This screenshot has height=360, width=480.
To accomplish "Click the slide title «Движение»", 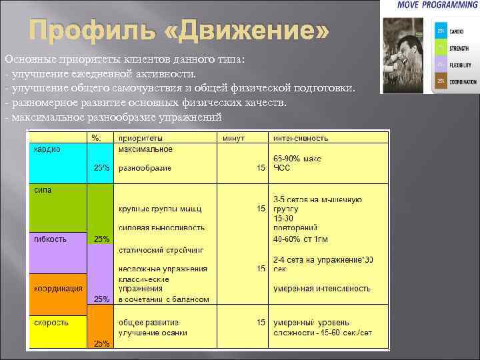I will point(179,31).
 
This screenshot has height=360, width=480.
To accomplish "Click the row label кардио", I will point(47,149).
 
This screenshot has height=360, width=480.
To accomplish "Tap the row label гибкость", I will point(51,239).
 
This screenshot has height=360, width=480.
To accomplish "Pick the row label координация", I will point(59,288).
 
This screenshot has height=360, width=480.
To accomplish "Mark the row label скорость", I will point(51,322).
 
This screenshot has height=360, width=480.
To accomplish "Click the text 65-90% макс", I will point(298,159).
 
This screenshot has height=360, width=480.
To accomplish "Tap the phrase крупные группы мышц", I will point(159,209).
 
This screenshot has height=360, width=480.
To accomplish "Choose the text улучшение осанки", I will point(153,332).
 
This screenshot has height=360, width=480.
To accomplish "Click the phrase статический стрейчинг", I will point(161,249).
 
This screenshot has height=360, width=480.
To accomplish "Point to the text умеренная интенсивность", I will point(322,288).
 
